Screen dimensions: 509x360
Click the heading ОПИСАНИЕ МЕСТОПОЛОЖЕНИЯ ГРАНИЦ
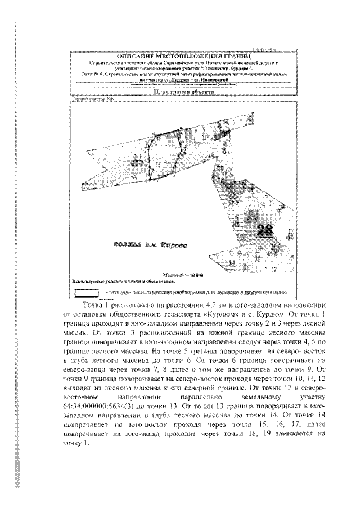pos(178,57)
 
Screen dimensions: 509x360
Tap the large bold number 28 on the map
pos(264,230)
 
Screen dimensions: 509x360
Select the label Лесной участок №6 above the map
pos(86,99)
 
